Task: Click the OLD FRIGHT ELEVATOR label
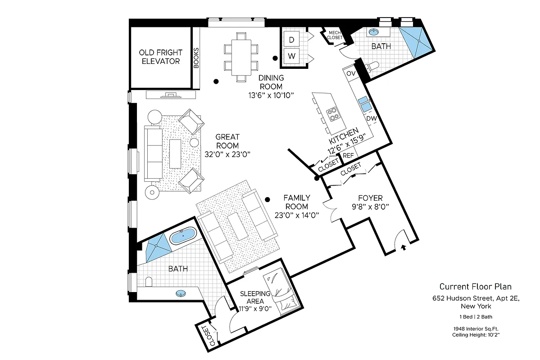[x=160, y=57]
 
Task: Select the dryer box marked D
[x=292, y=40]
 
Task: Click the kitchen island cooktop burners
[x=334, y=114]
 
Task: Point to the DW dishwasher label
[x=371, y=119]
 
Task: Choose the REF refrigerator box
[x=349, y=155]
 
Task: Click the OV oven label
[x=351, y=73]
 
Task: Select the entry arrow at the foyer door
[x=403, y=247]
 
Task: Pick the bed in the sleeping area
[x=282, y=290]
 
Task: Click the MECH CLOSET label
[x=334, y=35]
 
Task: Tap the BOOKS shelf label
[x=196, y=58]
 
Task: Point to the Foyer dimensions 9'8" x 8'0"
[x=370, y=207]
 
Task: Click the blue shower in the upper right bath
[x=417, y=41]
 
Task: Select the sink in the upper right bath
[x=373, y=32]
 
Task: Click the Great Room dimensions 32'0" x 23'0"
[x=227, y=154]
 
